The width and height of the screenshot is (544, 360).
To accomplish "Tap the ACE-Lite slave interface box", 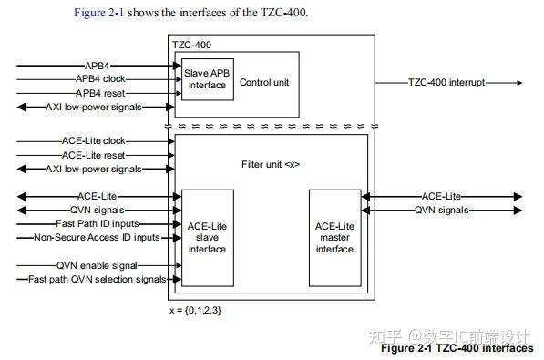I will [x=207, y=236].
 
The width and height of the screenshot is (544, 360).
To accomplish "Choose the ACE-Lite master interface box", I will [x=334, y=236].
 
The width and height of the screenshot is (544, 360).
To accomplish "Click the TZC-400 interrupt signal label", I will [x=446, y=82].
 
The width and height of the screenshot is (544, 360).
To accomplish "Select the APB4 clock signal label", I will [x=101, y=79].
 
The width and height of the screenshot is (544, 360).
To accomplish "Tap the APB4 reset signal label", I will [x=100, y=93].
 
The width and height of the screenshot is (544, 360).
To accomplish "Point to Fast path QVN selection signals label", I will [x=98, y=279].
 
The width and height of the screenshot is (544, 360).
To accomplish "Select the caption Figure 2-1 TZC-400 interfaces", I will [x=457, y=348].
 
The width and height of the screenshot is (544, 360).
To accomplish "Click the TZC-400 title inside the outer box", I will [x=190, y=44].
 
